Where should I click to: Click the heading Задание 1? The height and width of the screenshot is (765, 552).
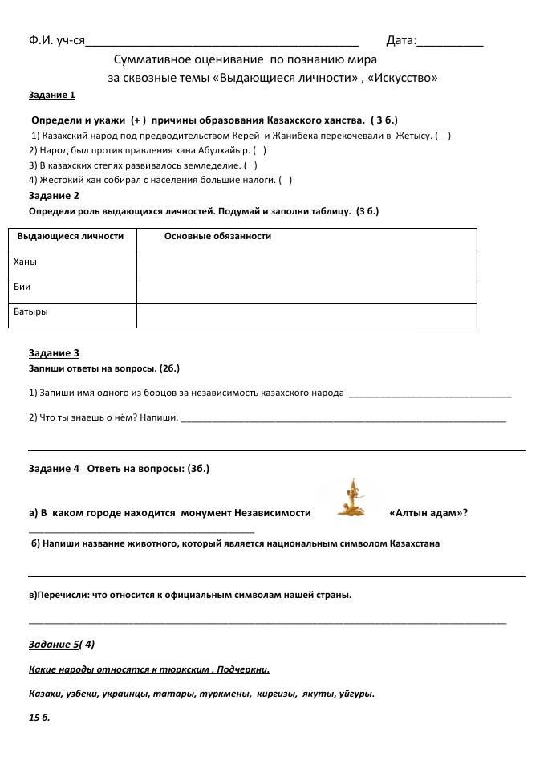coord(51,95)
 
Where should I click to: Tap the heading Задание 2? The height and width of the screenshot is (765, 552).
coord(54,195)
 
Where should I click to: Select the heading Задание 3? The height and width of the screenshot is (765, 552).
coord(54,352)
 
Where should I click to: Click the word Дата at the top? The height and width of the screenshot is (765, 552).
coord(400,41)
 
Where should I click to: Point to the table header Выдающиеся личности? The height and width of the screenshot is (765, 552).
coord(71,236)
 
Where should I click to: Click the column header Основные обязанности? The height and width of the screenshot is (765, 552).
coord(217,236)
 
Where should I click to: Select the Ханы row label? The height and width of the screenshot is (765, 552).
coord(25,262)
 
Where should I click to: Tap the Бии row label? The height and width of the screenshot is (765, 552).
coord(22,287)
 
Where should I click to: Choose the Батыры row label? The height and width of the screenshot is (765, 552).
coord(30,311)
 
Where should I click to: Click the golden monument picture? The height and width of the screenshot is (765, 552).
coord(350,498)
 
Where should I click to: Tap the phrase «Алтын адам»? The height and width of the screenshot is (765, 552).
coord(428,513)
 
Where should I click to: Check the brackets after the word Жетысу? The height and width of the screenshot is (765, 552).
coord(444,136)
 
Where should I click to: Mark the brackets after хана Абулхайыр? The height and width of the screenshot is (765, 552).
coord(259,150)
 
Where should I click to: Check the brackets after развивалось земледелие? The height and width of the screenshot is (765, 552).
coord(250,165)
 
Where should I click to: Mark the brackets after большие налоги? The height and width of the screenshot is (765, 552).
coord(285,180)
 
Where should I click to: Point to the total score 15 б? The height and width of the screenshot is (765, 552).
coord(39,717)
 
